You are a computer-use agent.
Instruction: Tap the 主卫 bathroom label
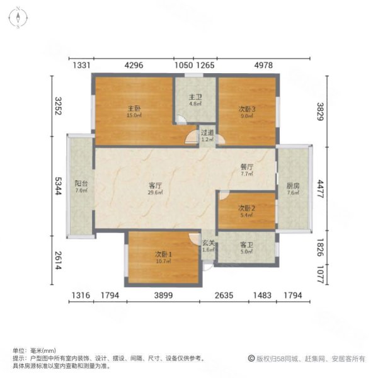195,97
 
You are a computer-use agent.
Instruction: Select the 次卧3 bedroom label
246,108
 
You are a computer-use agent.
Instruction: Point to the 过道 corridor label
207,133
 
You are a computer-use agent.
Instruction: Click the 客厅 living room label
155,185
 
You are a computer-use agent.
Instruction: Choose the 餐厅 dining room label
246,168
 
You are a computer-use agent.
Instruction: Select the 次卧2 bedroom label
246,208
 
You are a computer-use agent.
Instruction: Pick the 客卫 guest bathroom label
246,244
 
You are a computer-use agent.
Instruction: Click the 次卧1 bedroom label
164,254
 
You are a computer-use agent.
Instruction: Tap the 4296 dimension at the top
139,66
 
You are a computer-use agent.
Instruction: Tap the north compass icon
20,16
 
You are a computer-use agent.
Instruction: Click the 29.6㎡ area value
155,193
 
